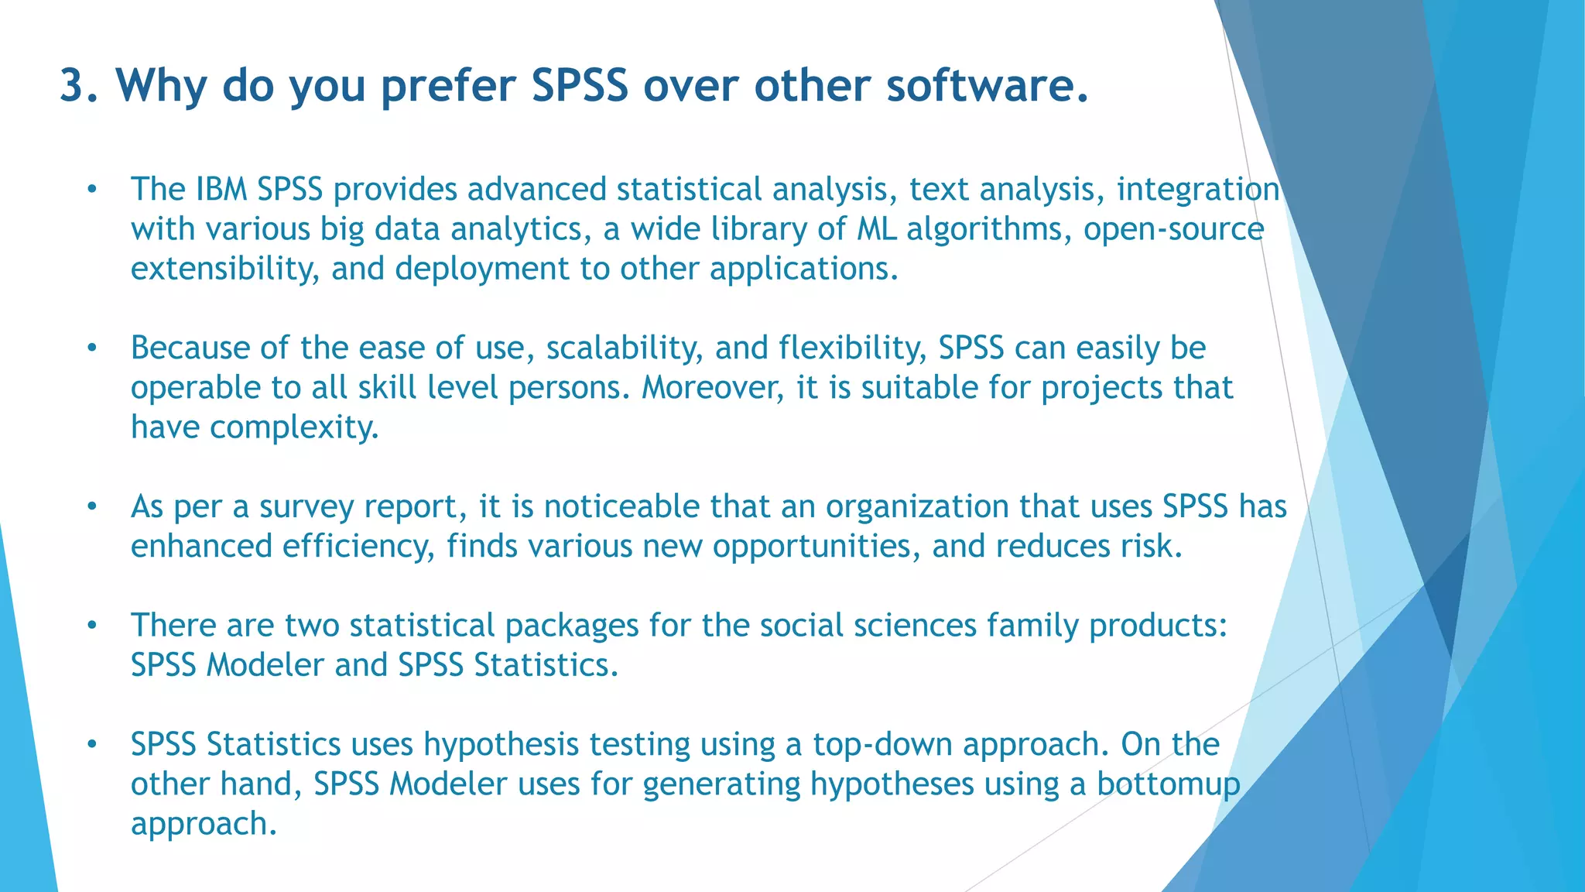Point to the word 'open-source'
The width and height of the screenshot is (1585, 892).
(x=1173, y=230)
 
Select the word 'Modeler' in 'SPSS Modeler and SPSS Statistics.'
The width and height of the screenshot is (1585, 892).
(x=265, y=665)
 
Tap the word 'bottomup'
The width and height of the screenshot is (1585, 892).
(x=1168, y=785)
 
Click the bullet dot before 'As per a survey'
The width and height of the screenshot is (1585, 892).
(x=92, y=507)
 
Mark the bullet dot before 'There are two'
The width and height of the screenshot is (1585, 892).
(x=92, y=626)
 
